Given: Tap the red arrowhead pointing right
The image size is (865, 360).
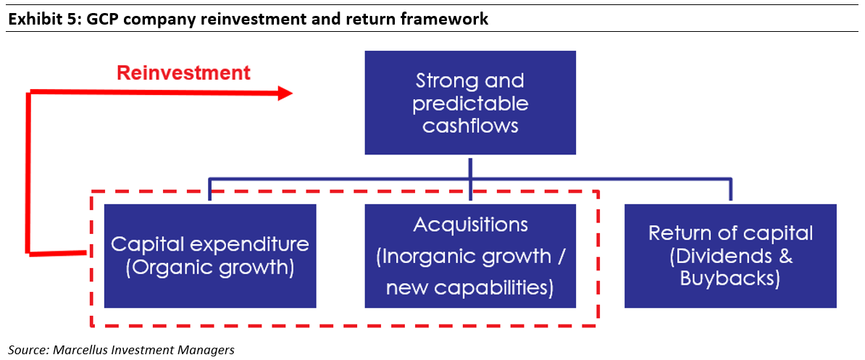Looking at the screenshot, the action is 285,93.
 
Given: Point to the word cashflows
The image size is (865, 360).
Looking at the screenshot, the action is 470,125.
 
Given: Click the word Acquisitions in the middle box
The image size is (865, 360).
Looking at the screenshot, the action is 470,225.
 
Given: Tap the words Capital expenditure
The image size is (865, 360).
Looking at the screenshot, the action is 210,245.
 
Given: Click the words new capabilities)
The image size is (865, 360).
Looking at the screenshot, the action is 470,288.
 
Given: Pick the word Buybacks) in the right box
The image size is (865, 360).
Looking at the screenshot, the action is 730,278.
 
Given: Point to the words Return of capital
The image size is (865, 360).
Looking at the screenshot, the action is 730,233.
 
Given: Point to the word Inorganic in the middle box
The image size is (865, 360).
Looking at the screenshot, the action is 422,256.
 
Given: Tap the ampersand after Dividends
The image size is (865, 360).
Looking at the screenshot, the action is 785,256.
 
